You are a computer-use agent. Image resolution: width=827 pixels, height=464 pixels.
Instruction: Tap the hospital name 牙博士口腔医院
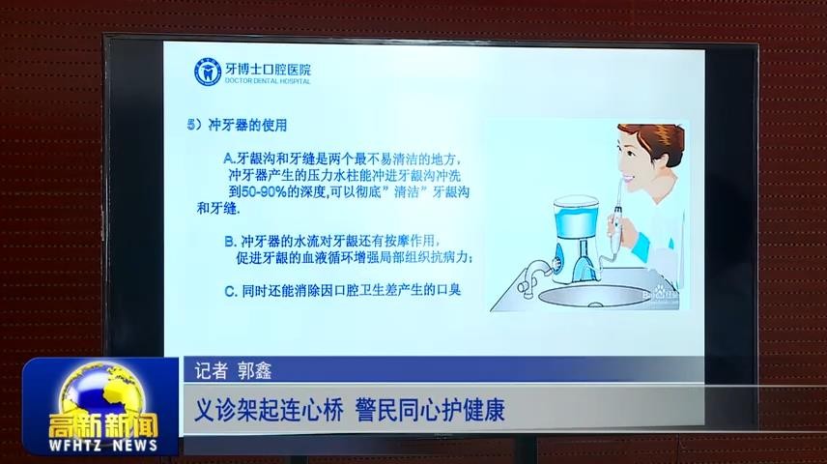[x=267, y=69]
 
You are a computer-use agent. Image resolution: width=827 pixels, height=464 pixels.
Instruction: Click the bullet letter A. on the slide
[x=229, y=158]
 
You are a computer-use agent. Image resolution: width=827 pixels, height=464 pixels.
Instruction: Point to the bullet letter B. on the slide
[x=230, y=240]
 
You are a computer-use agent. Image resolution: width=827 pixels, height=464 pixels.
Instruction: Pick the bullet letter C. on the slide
[x=230, y=290]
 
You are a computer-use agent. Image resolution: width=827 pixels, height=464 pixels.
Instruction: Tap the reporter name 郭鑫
[x=255, y=369]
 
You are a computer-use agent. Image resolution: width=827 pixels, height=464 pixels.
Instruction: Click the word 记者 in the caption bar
[x=211, y=369]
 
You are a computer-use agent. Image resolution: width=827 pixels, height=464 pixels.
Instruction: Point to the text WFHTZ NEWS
[x=100, y=446]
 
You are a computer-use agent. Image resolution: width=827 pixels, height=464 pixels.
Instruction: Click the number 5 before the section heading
[x=191, y=126]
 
